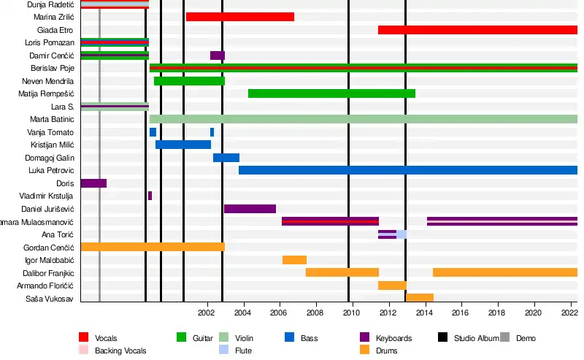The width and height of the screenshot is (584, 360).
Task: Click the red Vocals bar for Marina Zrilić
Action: (239, 17)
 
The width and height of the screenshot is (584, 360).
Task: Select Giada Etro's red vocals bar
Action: (477, 30)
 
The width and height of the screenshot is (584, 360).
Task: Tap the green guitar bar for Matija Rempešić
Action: (331, 93)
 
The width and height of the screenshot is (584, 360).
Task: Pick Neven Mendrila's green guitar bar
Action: (189, 81)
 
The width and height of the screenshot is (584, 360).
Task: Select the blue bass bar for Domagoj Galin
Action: (226, 158)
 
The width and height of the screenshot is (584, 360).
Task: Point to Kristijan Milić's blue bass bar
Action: (182, 145)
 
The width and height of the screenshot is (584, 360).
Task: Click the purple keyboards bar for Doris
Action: (93, 183)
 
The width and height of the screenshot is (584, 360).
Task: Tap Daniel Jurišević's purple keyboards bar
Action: (250, 209)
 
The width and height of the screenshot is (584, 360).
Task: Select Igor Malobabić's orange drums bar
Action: (294, 260)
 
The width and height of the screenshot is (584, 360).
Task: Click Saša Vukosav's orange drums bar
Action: (419, 298)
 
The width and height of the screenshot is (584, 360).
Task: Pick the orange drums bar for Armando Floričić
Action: (392, 286)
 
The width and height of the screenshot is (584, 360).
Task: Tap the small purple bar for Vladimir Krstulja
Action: (150, 196)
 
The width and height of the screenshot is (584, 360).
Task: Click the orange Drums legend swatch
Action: (366, 351)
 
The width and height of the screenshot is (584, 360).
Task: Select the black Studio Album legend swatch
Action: (442, 337)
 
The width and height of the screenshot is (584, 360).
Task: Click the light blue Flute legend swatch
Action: (225, 351)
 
